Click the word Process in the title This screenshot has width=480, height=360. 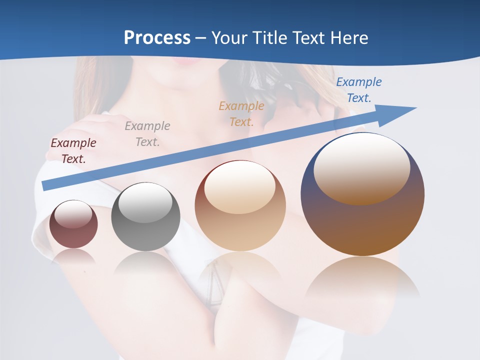[157, 38]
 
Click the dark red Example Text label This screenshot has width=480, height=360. [73, 150]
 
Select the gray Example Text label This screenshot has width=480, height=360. [147, 133]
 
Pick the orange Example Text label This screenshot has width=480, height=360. [241, 113]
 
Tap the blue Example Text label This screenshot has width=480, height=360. [359, 89]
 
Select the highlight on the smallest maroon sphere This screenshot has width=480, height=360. [73, 214]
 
